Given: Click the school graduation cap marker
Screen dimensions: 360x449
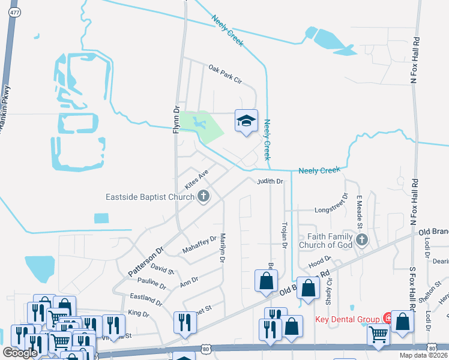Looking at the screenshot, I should coord(246,122).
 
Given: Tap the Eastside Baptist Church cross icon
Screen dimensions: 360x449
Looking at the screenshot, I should coord(204,196).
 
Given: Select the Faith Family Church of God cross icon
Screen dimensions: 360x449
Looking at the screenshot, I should coord(361,240).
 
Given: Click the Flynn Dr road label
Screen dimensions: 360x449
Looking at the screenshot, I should coord(177,120).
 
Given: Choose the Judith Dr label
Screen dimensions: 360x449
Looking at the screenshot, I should coord(270,181).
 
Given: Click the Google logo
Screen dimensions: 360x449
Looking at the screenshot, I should coord(20,353).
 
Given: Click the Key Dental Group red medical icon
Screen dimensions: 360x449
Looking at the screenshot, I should coord(389,319).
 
